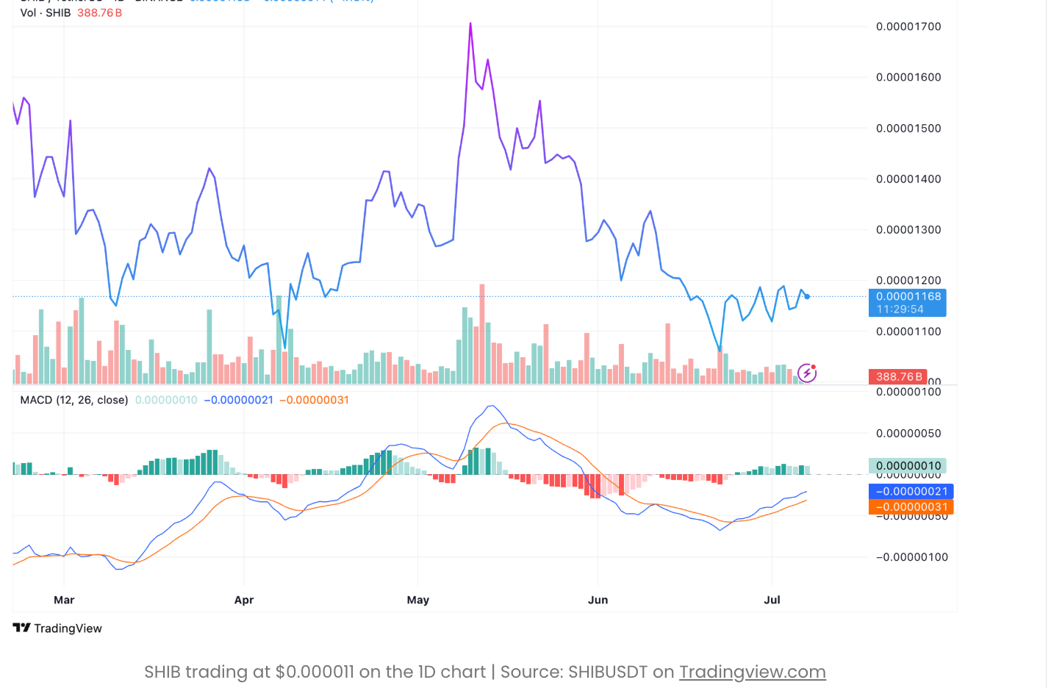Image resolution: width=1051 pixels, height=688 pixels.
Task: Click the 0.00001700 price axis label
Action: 908,26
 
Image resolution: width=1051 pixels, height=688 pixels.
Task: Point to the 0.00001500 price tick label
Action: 908,128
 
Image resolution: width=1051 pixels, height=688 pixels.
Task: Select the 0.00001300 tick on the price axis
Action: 908,229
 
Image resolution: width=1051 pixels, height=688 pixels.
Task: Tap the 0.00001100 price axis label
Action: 908,332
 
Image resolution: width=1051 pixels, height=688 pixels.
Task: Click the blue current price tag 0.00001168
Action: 908,302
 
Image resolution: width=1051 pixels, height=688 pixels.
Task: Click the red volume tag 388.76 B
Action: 898,376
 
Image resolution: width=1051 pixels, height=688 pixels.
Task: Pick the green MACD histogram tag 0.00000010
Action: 908,465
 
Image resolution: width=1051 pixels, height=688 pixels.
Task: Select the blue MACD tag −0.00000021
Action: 911,491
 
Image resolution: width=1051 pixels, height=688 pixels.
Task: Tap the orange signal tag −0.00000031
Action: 911,506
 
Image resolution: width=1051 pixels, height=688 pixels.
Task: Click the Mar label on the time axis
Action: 64,600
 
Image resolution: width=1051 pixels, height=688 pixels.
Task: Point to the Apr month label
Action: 244,600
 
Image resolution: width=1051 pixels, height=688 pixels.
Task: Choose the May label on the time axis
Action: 418,600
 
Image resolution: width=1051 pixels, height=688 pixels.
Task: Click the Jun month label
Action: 598,600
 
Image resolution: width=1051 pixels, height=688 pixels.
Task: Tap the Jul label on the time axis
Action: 772,600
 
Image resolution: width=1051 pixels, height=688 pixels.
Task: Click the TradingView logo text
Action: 58,628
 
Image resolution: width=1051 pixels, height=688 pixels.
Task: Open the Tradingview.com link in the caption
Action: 752,672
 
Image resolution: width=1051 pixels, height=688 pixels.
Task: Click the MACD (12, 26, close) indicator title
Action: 74,400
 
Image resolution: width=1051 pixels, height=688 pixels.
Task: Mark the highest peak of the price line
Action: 470,24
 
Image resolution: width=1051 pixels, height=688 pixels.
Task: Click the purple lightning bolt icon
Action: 807,373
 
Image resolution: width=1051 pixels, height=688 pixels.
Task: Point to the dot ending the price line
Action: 807,296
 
